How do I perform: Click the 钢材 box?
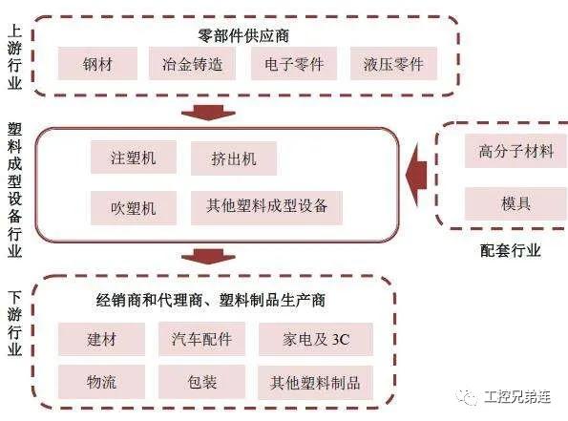(x=97, y=64)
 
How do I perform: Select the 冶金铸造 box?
(x=192, y=64)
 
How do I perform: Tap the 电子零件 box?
(x=294, y=64)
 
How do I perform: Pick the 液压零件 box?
(x=393, y=64)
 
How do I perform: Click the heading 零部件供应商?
(x=243, y=35)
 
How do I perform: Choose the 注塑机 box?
(x=134, y=158)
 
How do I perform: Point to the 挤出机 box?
(x=234, y=158)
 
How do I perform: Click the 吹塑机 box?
(x=134, y=208)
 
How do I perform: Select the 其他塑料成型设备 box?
(x=266, y=208)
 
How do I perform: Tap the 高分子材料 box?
(x=515, y=151)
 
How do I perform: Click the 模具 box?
(x=515, y=203)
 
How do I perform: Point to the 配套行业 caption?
(x=511, y=250)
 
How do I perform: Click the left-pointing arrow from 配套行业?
(x=416, y=175)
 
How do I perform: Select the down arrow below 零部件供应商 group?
(x=208, y=113)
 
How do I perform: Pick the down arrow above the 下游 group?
(x=208, y=256)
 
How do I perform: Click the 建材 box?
(x=101, y=339)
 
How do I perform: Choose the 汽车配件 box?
(x=201, y=339)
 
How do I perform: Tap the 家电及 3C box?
(x=316, y=339)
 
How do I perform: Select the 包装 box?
(x=201, y=382)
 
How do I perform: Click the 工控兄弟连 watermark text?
(x=517, y=397)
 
